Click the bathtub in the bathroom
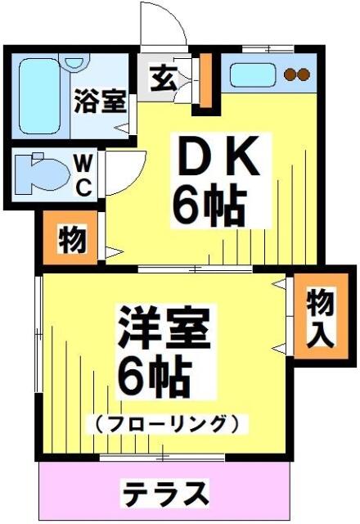point(39,97)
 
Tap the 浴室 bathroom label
point(100,102)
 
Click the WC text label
point(83,177)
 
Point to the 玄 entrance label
point(163,79)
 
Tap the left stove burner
point(290,75)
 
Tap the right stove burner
point(304,75)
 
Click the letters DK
point(219,156)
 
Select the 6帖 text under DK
point(209,206)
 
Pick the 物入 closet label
point(321,318)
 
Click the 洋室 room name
point(164,328)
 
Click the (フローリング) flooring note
point(166,424)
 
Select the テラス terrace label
point(165,493)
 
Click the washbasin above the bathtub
point(74,62)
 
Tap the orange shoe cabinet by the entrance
point(205,80)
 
